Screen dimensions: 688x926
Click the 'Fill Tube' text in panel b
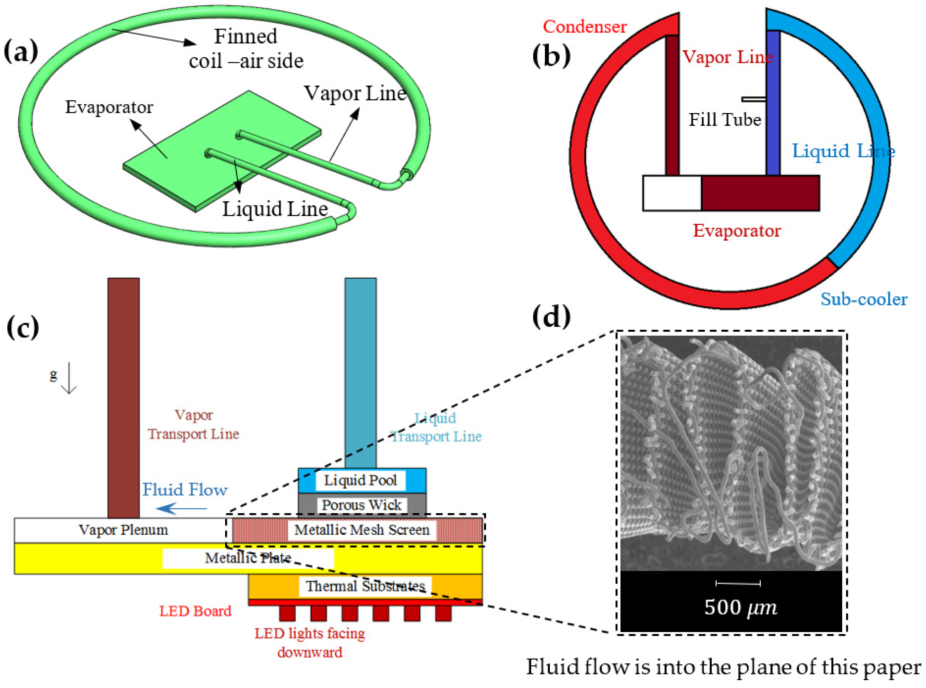[724, 120]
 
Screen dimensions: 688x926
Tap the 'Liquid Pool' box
[361, 480]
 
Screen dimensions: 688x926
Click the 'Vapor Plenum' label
[123, 530]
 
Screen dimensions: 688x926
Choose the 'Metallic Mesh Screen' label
[362, 530]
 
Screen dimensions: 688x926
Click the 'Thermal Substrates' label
[365, 586]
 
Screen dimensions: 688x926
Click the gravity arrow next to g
[69, 378]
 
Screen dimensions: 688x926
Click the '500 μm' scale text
[740, 607]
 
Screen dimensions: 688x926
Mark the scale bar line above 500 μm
[738, 583]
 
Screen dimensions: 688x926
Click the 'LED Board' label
[195, 611]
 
